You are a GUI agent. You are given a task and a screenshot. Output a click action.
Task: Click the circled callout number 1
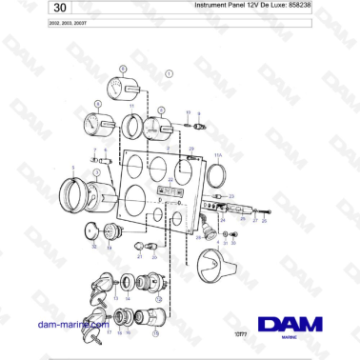point(170,72)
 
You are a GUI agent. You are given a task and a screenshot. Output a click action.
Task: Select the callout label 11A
point(217,154)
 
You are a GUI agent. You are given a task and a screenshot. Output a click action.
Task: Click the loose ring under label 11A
point(217,173)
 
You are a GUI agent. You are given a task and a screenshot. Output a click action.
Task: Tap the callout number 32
point(93,247)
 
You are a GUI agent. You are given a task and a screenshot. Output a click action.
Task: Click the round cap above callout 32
point(93,230)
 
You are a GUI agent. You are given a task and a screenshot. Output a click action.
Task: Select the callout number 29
point(190,150)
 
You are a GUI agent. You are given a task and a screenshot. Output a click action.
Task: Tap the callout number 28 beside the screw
point(265,219)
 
